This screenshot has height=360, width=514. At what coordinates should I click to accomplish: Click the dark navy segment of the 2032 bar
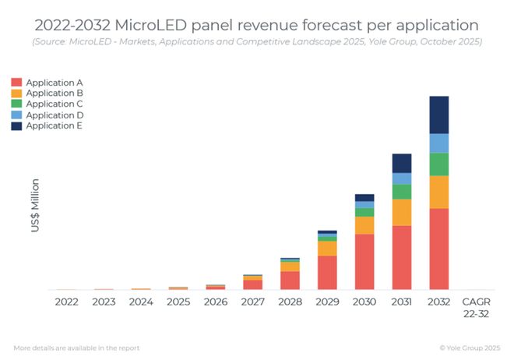[x=439, y=115]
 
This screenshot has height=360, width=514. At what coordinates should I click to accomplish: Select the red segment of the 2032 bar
[x=439, y=249]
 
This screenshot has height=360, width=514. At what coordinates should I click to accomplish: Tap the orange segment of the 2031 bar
[x=402, y=212]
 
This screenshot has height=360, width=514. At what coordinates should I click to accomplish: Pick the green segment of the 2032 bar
[x=439, y=164]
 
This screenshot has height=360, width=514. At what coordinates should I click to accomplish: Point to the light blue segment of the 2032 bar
[x=439, y=143]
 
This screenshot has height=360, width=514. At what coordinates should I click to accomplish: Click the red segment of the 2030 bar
[x=364, y=262]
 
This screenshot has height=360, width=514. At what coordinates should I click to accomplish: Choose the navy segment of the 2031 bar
[x=402, y=163]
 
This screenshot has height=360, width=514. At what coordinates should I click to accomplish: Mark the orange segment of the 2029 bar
[x=327, y=248]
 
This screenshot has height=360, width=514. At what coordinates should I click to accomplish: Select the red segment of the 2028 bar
[x=290, y=281]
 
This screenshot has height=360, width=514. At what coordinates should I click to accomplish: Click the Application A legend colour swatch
[x=16, y=82]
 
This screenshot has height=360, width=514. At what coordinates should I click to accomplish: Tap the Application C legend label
[x=55, y=104]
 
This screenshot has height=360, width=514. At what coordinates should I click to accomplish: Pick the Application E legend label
[x=55, y=125]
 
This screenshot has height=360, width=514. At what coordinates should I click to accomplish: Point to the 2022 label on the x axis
[x=66, y=302]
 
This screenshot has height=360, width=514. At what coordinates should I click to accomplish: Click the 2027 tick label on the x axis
[x=252, y=302]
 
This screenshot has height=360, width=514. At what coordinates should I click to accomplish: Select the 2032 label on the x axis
[x=439, y=302]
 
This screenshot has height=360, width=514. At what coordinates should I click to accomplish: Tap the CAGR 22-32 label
[x=477, y=306]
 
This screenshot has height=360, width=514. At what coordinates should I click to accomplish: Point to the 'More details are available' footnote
[x=76, y=348]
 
